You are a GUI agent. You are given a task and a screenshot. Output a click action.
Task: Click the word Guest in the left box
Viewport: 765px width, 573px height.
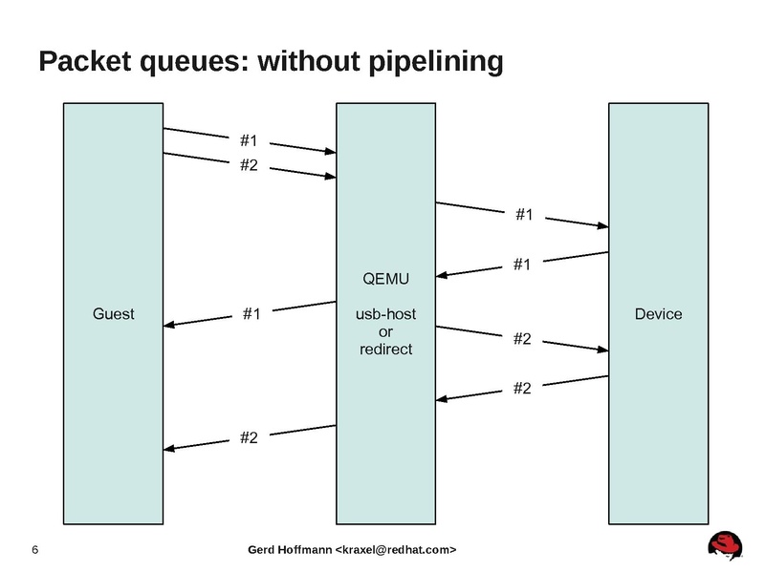113,313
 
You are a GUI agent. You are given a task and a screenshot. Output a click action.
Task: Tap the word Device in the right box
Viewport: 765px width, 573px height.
659,313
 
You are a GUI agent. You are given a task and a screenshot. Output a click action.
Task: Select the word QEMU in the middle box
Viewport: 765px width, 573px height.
385,279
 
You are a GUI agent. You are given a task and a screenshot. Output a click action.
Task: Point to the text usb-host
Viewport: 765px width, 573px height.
385,314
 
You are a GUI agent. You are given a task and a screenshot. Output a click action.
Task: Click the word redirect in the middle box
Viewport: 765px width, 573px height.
385,349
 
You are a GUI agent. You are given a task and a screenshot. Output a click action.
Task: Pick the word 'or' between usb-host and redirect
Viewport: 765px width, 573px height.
385,331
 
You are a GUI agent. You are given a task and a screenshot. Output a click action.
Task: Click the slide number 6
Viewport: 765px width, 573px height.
35,550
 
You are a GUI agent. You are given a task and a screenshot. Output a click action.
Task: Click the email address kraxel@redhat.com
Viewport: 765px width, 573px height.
394,550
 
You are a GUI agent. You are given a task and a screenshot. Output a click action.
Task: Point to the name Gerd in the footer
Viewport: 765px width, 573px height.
263,550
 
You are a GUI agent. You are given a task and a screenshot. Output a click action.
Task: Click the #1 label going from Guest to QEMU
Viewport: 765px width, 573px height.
249,143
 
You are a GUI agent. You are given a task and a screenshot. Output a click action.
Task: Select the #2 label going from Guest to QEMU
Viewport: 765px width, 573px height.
249,164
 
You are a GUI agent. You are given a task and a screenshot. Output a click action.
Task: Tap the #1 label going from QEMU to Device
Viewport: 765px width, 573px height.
523,216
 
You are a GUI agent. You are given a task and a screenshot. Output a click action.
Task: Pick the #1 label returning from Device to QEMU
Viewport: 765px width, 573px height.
522,265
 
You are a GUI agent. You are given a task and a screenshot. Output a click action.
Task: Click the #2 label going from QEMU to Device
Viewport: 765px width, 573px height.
522,339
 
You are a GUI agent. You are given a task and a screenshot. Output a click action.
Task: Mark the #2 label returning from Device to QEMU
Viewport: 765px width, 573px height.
522,387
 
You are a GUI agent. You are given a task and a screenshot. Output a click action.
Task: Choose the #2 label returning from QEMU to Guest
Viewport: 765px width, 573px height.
249,437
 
